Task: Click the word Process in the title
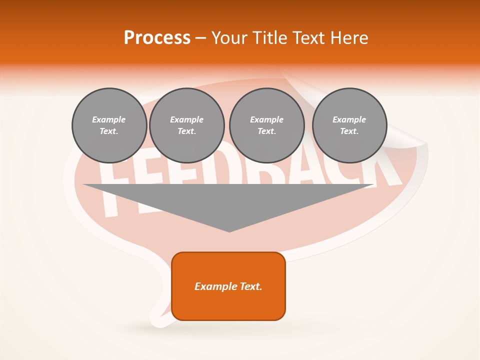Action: point(157,38)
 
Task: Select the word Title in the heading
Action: point(271,38)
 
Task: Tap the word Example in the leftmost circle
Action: point(109,119)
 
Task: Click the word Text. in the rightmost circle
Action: point(349,131)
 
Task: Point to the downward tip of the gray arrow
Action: point(229,230)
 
